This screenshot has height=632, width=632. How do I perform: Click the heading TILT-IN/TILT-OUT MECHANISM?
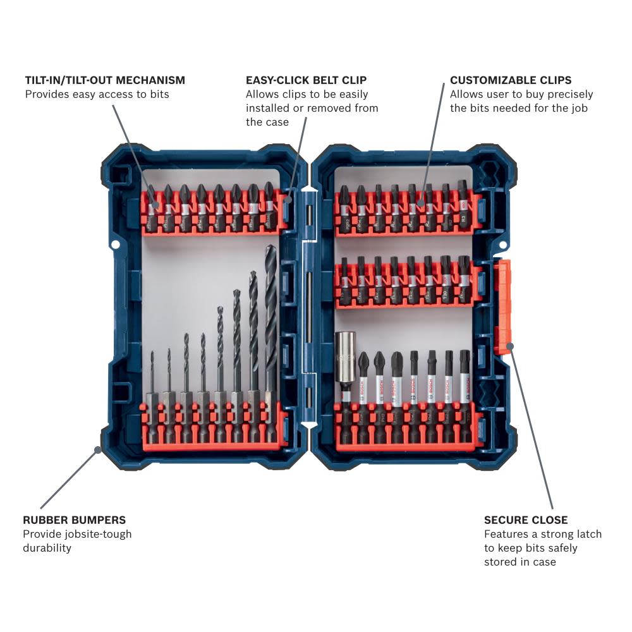(105, 80)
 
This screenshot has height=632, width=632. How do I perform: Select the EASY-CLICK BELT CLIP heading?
(306, 80)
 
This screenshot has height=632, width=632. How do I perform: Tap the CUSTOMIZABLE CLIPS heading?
(511, 80)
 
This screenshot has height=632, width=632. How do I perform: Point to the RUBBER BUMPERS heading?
(74, 520)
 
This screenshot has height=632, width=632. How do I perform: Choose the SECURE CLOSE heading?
(526, 520)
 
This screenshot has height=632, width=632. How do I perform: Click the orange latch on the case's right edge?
(504, 306)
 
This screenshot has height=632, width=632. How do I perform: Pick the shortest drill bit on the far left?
(152, 379)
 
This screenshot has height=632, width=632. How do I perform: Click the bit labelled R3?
(463, 205)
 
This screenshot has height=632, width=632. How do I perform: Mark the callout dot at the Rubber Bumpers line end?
(97, 450)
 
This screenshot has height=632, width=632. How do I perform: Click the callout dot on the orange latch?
(510, 346)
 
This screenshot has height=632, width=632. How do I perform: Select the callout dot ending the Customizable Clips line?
(420, 203)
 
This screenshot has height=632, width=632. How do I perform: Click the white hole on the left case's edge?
(114, 244)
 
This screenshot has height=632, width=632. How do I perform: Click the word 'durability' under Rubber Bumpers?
(47, 548)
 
